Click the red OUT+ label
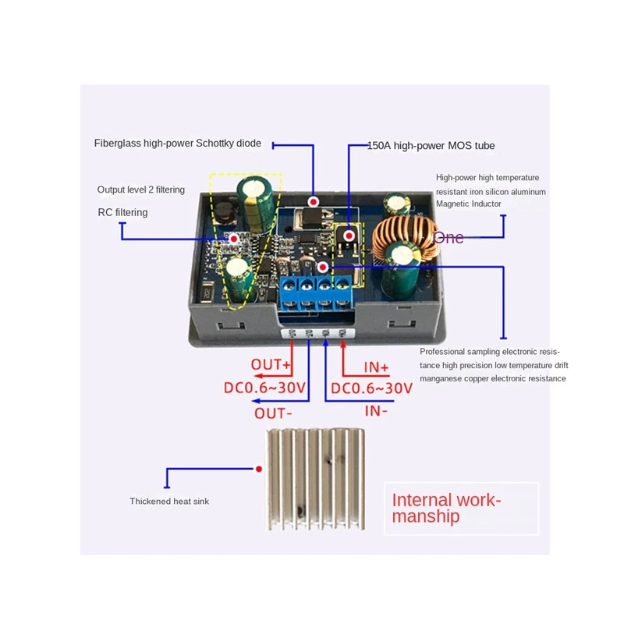(x=271, y=364)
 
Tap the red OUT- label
(x=274, y=413)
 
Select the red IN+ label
(x=376, y=367)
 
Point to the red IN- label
(x=376, y=411)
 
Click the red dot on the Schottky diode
(x=314, y=202)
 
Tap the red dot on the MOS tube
(x=349, y=236)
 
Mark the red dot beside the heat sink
(x=259, y=470)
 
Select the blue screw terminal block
(x=317, y=293)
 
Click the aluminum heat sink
(x=315, y=479)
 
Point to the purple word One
(x=448, y=238)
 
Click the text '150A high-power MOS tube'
(x=431, y=146)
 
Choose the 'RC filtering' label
(x=122, y=212)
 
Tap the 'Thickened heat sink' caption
(x=169, y=502)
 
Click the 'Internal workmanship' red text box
(x=461, y=509)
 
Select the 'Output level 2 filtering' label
(x=141, y=190)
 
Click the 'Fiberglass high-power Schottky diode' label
(x=178, y=144)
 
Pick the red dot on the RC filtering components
(x=234, y=239)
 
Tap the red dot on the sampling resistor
(x=323, y=267)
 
